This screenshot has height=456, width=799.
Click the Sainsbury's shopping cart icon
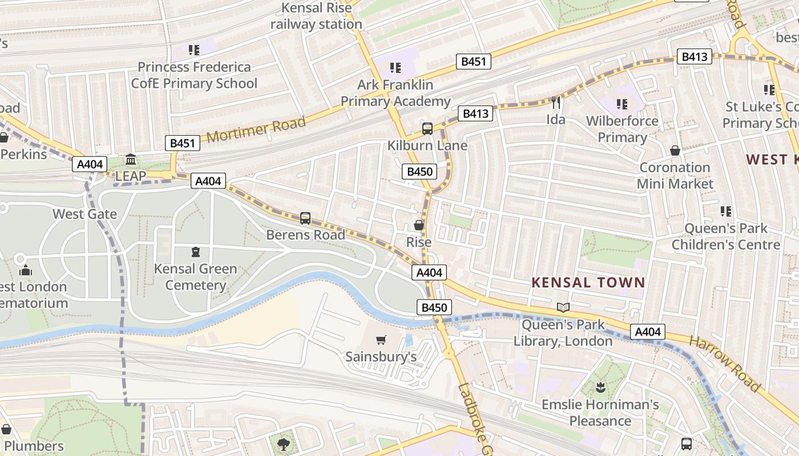(381, 340)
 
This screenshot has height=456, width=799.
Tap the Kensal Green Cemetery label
(195, 277)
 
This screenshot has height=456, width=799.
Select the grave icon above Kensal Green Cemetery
(196, 251)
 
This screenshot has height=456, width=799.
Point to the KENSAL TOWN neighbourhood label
(588, 282)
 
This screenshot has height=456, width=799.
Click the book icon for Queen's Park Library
(563, 308)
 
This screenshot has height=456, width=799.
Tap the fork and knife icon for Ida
(556, 103)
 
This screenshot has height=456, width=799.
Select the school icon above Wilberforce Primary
(622, 104)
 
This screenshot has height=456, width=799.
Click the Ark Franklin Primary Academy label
(396, 93)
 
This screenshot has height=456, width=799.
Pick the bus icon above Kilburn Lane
(427, 129)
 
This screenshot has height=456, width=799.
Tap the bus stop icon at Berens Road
(305, 218)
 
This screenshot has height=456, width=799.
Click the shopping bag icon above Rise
(419, 225)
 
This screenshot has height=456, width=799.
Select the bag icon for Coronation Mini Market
(675, 150)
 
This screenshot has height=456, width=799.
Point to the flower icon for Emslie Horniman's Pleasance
(600, 388)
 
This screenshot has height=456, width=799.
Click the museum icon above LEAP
(131, 159)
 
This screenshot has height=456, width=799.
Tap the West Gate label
(84, 214)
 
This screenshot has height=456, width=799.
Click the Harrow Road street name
(725, 364)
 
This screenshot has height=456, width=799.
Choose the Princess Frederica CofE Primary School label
(194, 75)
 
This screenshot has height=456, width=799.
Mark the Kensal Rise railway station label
(316, 16)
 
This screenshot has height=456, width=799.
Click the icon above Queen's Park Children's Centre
(726, 211)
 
